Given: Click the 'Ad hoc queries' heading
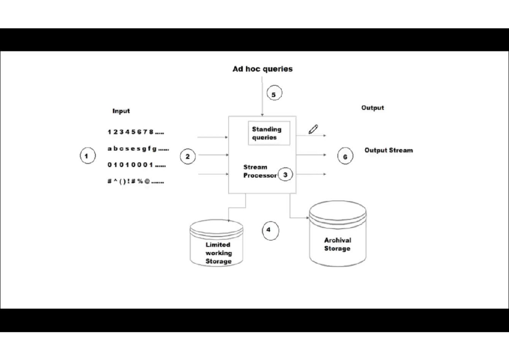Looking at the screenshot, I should point(263,69).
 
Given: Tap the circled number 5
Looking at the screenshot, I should point(274,94).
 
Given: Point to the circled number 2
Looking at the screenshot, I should point(187,156).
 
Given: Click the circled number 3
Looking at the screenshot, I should point(285,175).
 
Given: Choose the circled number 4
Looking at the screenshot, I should point(268,230).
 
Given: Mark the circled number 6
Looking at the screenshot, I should point(345,156).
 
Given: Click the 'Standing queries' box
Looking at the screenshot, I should point(268,133).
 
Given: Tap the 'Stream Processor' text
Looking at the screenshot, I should point(259,171).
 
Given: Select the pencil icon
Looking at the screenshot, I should point(313,129).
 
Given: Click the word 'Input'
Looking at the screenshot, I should point(121,111).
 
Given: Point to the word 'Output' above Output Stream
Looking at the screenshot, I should point(372,108).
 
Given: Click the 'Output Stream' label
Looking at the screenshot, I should point(388,150).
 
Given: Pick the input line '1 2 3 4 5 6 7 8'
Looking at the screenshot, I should point(135,132).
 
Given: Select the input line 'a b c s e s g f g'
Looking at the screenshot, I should point(138,149).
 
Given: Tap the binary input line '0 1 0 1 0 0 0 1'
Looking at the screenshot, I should point(136,165).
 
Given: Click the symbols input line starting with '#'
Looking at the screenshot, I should point(135,181).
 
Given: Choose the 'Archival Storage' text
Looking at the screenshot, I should point(337,244).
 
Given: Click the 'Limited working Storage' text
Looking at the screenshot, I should point(218,253).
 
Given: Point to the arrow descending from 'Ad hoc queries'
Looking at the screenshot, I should point(262,98).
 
